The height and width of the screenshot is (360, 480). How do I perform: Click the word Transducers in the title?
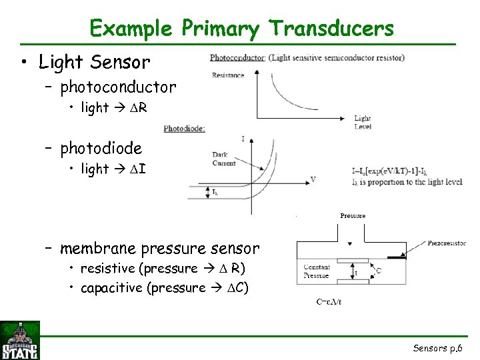pyautogui.click(x=331, y=29)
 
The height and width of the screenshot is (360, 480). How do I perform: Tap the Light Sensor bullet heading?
pyautogui.click(x=95, y=63)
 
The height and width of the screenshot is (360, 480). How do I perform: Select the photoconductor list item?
pyautogui.click(x=118, y=87)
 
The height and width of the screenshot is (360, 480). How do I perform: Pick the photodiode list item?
pyautogui.click(x=101, y=148)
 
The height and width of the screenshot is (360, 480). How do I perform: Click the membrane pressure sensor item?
pyautogui.click(x=159, y=249)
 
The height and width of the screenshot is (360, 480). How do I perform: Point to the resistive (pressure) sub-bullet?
pyautogui.click(x=163, y=269)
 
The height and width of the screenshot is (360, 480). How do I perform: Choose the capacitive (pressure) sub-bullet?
pyautogui.click(x=165, y=288)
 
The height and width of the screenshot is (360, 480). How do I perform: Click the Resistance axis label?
pyautogui.click(x=228, y=75)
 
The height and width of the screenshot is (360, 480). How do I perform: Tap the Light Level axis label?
pyautogui.click(x=363, y=122)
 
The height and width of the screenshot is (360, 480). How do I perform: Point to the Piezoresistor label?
pyautogui.click(x=447, y=243)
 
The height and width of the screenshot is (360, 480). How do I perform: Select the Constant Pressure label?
pyautogui.click(x=316, y=271)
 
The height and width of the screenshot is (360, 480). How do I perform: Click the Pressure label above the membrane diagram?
pyautogui.click(x=352, y=216)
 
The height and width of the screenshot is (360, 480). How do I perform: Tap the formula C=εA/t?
pyautogui.click(x=329, y=301)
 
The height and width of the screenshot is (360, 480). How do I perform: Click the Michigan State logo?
pyautogui.click(x=20, y=340)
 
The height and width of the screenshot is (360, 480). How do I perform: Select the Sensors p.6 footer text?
pyautogui.click(x=436, y=348)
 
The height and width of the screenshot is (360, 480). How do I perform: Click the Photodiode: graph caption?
pyautogui.click(x=184, y=128)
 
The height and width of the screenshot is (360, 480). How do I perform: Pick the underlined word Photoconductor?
pyautogui.click(x=237, y=58)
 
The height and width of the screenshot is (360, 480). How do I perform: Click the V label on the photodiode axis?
pyautogui.click(x=313, y=179)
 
